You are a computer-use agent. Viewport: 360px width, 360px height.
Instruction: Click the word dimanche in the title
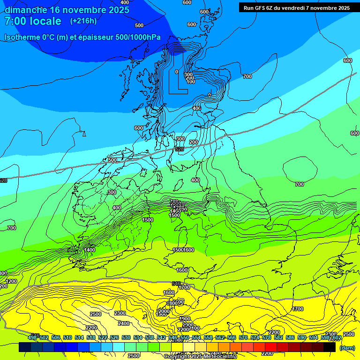(x=26, y=10)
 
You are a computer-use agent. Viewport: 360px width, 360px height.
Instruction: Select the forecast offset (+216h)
(x=83, y=21)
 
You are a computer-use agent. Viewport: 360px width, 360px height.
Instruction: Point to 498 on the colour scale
(x=32, y=337)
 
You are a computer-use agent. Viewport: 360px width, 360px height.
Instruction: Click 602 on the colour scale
(x=337, y=337)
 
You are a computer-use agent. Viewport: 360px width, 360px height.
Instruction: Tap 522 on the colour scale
(x=103, y=337)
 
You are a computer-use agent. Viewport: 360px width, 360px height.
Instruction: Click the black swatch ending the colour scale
(x=330, y=347)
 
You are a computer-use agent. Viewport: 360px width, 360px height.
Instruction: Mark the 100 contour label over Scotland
(x=191, y=82)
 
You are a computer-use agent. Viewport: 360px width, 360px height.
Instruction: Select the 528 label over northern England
(x=179, y=149)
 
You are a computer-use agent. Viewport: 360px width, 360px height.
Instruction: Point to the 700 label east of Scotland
(x=247, y=76)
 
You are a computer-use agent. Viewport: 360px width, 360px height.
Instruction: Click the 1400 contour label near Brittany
(x=90, y=250)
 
